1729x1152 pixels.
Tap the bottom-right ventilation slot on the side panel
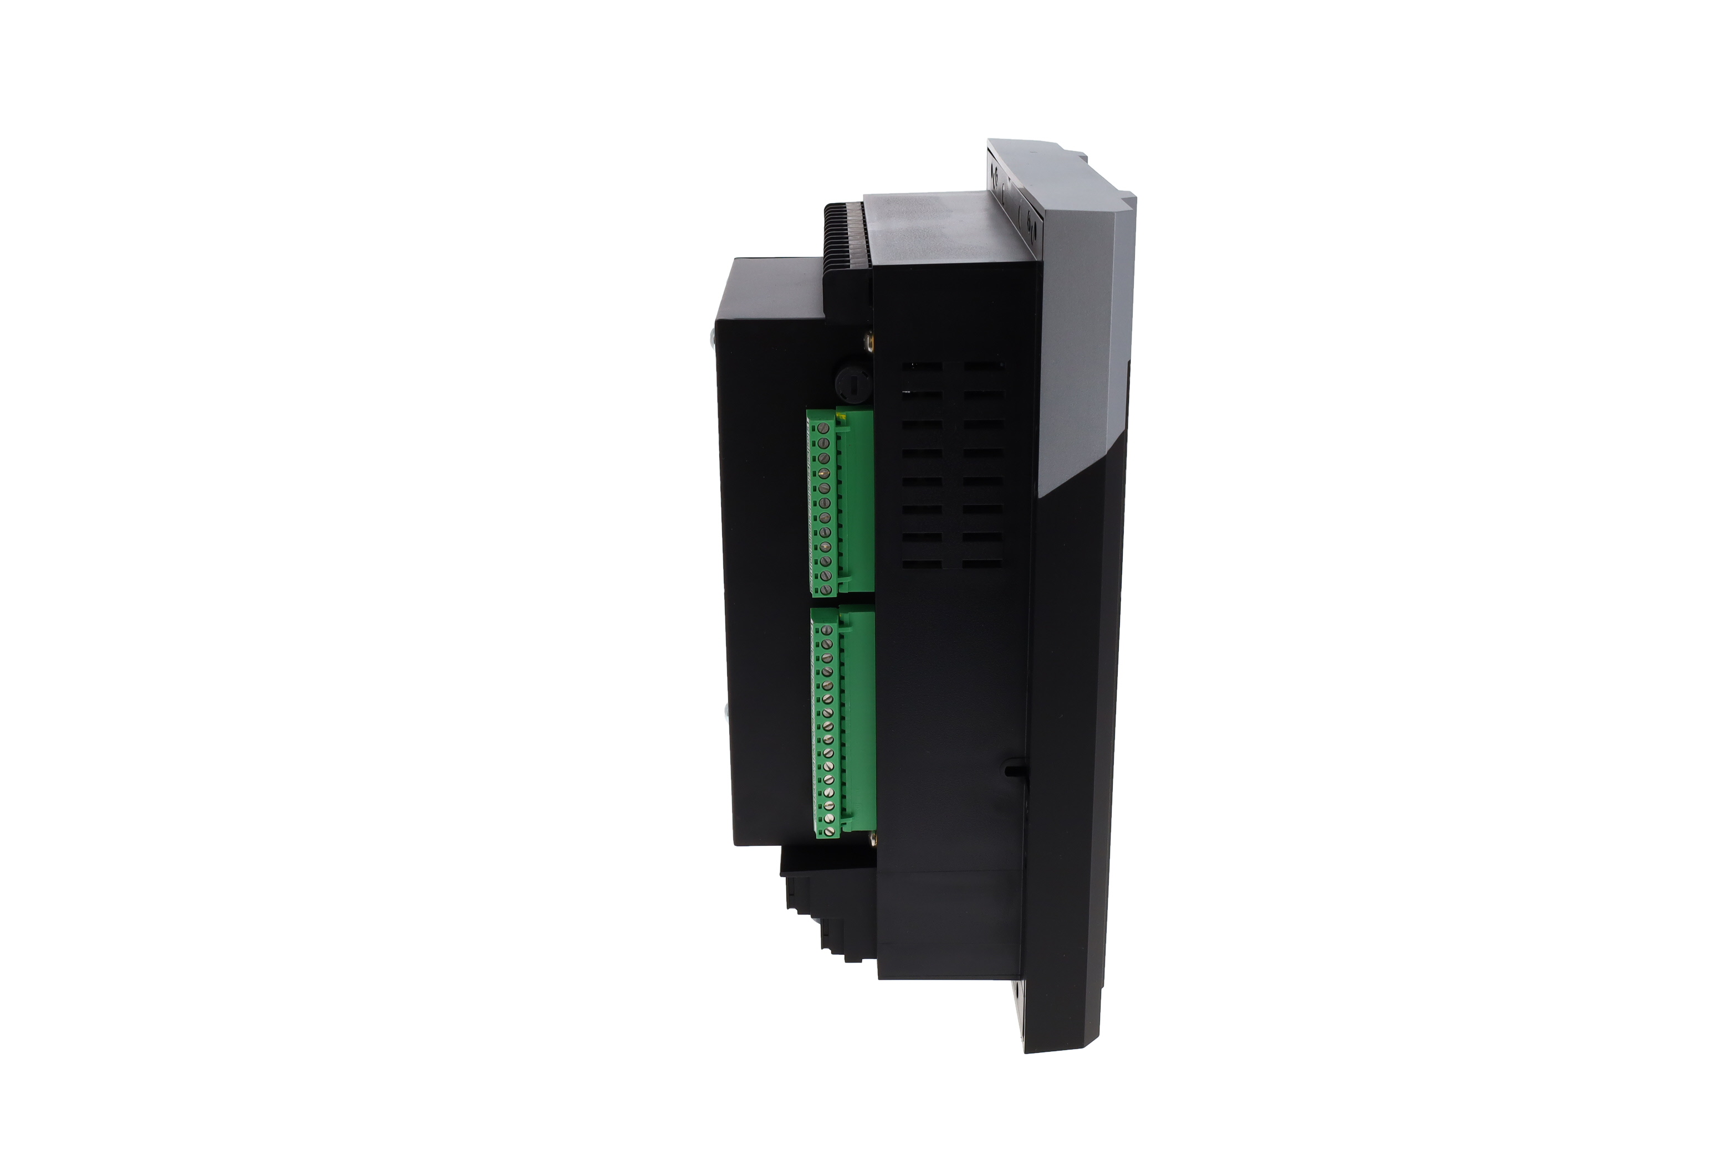click(x=983, y=563)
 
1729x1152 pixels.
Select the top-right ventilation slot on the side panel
click(x=984, y=365)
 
